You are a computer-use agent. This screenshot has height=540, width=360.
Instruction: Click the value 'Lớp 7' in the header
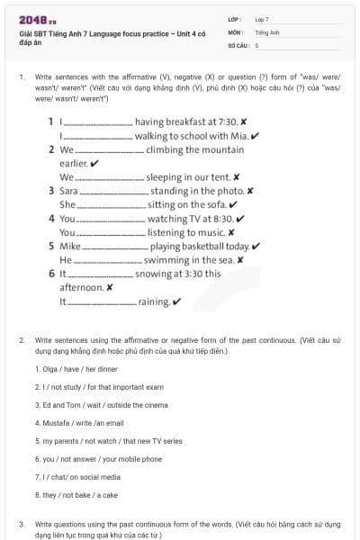click(x=262, y=19)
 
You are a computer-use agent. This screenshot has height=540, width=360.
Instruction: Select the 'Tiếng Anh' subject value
click(x=267, y=31)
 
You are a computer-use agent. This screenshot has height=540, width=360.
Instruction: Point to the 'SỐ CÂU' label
click(x=238, y=44)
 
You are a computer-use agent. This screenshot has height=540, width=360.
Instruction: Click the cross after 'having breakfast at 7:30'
click(x=244, y=121)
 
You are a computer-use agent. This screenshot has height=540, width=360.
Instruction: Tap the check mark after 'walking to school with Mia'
click(x=256, y=136)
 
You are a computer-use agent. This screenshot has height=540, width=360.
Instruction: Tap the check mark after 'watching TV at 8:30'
click(x=239, y=219)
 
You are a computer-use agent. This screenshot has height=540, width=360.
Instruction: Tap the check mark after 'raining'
click(x=176, y=301)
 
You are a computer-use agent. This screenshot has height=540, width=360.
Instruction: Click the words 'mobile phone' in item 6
click(x=140, y=458)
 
